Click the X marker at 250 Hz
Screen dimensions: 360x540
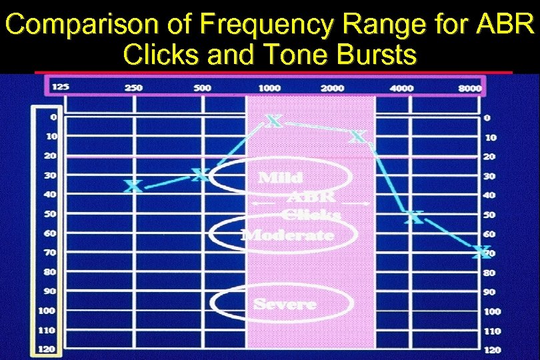[x=134, y=186]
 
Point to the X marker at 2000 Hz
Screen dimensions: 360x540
[x=358, y=137]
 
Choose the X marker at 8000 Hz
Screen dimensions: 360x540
[x=481, y=252]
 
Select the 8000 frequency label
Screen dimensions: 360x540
[x=470, y=88]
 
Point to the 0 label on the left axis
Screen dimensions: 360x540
[x=53, y=117]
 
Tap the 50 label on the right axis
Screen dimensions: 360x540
[x=489, y=215]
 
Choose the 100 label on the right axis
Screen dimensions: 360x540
[x=493, y=311]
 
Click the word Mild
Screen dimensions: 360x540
[x=280, y=178]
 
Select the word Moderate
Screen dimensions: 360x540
[x=287, y=235]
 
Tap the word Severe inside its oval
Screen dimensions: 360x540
[x=285, y=304]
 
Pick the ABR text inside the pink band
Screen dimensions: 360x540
[x=311, y=197]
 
